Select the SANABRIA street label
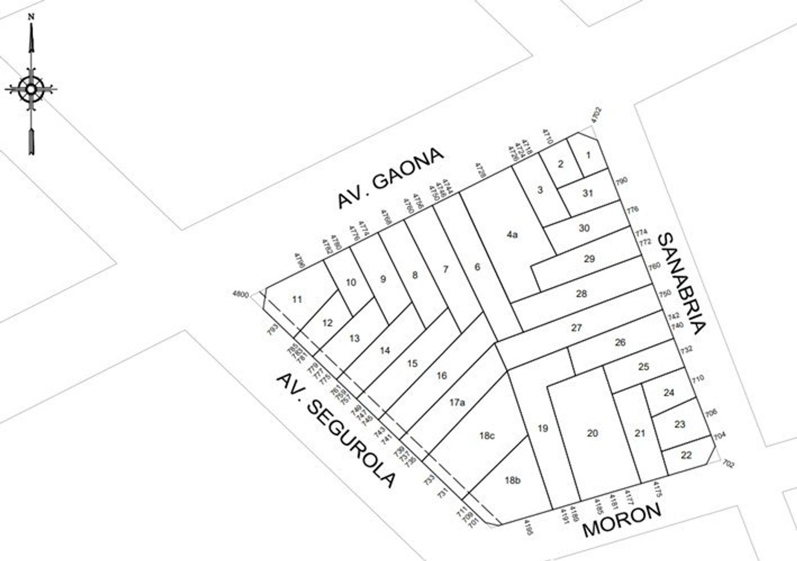(681, 284)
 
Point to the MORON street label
(622, 520)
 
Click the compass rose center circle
(31, 89)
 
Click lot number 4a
(512, 235)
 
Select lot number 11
(297, 299)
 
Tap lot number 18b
(512, 480)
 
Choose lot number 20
(592, 433)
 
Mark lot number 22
(686, 455)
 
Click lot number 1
(588, 155)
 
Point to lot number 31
(587, 193)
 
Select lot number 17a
(457, 402)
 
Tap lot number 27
(576, 328)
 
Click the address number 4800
(241, 294)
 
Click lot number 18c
(487, 436)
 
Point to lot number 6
(477, 268)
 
